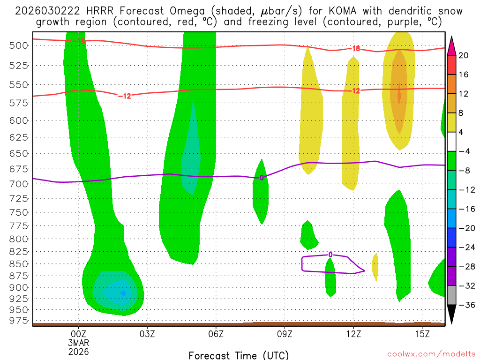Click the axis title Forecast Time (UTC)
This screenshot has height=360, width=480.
tap(239, 355)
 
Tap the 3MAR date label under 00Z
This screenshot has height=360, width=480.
tap(78, 342)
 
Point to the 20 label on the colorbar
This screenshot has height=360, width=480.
tap(464, 55)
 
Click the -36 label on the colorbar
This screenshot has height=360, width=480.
tap(465, 305)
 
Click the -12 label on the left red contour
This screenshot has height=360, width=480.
tap(125, 96)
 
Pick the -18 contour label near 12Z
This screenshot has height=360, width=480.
tap(353, 49)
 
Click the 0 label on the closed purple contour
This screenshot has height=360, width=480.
tap(330, 255)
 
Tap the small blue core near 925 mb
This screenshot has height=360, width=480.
tap(123, 293)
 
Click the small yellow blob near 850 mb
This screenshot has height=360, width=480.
tap(375, 266)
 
